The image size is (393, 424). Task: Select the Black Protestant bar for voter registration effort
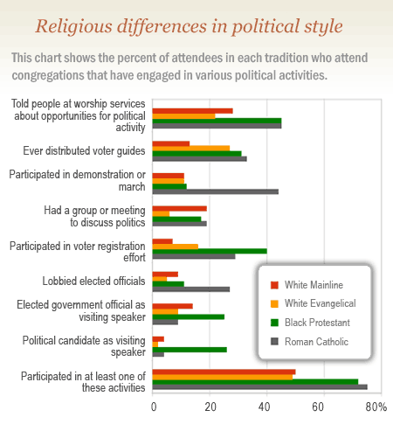(x=210, y=251)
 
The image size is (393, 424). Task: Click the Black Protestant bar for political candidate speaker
(x=190, y=350)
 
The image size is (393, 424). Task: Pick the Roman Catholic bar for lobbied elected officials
(x=191, y=288)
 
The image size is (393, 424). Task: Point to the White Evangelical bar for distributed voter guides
(x=191, y=149)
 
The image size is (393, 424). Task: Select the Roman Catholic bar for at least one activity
(x=259, y=386)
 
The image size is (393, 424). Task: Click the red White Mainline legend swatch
(x=274, y=284)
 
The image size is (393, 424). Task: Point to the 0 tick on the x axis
(x=154, y=407)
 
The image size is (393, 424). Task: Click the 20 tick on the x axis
(x=210, y=407)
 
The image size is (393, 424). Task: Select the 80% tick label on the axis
(x=376, y=407)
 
